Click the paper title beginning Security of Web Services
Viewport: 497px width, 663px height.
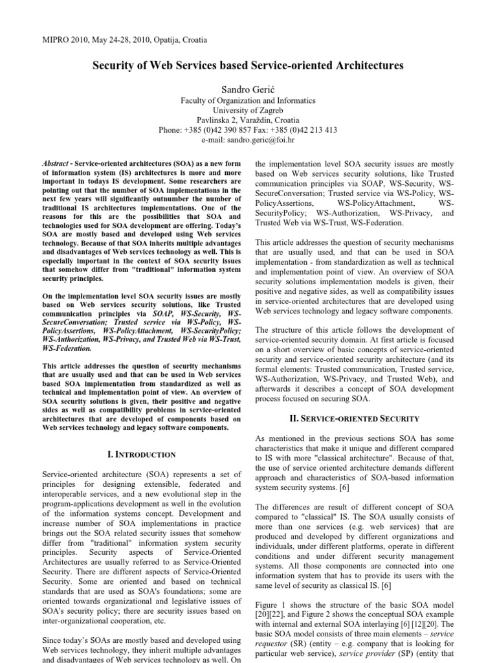coord(248,66)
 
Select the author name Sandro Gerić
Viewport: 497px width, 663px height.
coord(248,87)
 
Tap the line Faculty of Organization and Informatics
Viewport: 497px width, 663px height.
coord(248,101)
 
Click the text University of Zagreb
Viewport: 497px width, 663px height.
coord(248,111)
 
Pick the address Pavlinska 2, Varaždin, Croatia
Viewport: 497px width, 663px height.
coord(248,120)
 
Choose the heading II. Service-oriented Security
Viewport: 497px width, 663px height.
coord(355,419)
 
